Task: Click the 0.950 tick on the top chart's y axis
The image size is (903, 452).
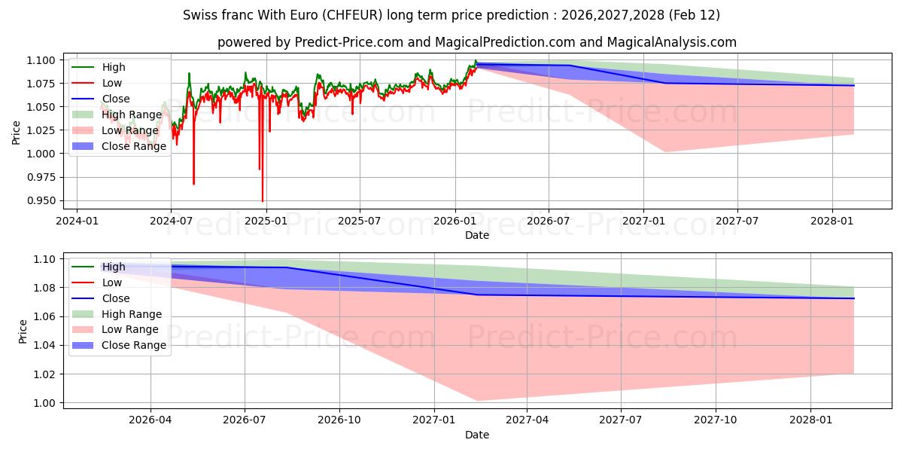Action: click(x=42, y=200)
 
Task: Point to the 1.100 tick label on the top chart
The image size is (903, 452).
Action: click(x=42, y=60)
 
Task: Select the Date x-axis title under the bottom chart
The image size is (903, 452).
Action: click(x=477, y=435)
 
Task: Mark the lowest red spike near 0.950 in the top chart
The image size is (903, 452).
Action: click(x=263, y=200)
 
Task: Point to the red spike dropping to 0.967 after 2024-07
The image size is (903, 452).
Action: click(x=193, y=183)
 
